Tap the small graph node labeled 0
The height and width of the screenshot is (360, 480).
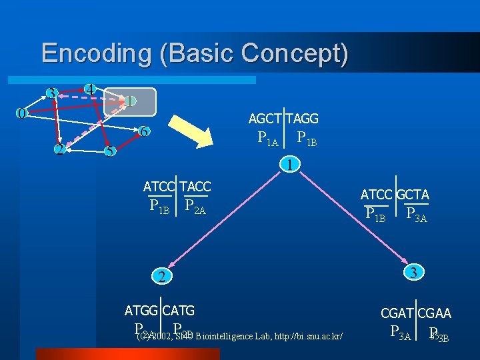click(x=21, y=113)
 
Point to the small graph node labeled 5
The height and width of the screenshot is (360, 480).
click(x=109, y=151)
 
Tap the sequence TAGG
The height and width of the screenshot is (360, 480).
click(x=303, y=119)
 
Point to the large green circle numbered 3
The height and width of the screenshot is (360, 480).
click(x=414, y=272)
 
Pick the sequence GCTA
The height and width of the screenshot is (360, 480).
click(x=413, y=195)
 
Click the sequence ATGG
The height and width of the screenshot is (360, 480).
click(x=142, y=310)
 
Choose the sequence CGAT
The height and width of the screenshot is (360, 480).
click(x=398, y=313)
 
